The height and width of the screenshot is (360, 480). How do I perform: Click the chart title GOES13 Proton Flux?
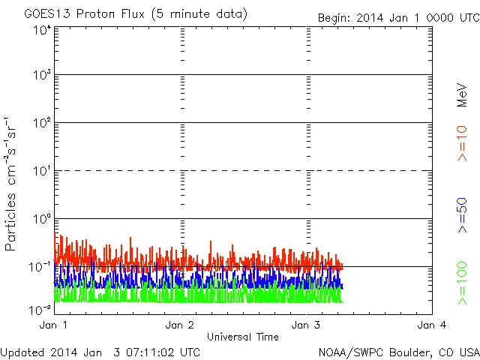click(135, 14)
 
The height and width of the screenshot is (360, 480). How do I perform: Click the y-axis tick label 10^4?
click(42, 31)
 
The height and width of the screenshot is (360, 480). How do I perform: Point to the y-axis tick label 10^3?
click(42, 76)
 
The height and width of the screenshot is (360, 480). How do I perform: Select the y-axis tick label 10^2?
click(42, 124)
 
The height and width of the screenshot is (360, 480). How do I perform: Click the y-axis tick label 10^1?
click(42, 171)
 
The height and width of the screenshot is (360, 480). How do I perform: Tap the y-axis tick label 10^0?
click(42, 219)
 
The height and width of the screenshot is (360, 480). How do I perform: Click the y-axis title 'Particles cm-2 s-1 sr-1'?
click(12, 184)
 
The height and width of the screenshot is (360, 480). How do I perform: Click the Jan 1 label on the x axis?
click(53, 325)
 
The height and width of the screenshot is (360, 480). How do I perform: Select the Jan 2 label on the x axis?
click(180, 325)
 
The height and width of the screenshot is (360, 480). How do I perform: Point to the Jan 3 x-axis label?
click(306, 325)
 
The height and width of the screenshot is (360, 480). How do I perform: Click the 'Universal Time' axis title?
click(242, 337)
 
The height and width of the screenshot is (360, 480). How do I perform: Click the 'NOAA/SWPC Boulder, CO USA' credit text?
click(397, 351)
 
